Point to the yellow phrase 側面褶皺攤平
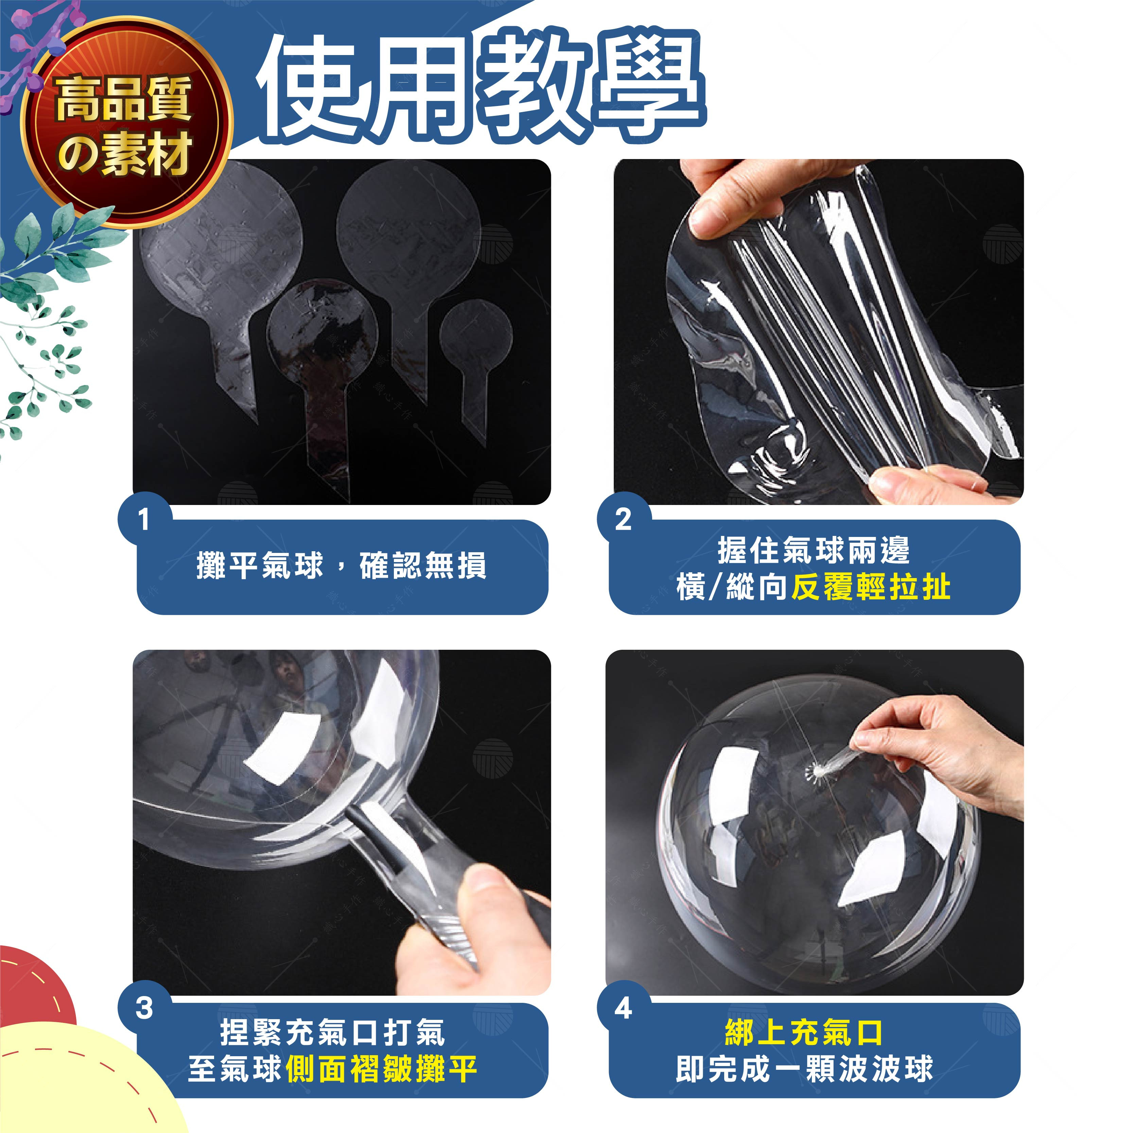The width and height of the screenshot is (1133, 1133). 382,1068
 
